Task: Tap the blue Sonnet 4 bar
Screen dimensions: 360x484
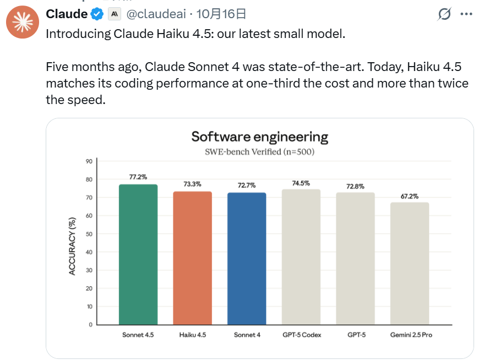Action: point(247,258)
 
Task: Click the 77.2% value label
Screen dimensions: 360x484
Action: point(138,177)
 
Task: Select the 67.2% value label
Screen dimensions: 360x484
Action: point(410,196)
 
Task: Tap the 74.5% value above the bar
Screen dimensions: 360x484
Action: point(301,183)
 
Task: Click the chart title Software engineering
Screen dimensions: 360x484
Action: point(259,137)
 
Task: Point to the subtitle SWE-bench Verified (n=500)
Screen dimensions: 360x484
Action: point(259,151)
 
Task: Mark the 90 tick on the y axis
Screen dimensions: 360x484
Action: point(89,161)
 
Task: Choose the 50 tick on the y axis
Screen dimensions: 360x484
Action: point(89,234)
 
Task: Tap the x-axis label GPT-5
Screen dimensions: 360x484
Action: point(355,335)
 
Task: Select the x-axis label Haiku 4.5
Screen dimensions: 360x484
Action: point(193,335)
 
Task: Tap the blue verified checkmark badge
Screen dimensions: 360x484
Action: point(97,14)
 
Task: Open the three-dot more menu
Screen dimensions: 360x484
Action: point(466,14)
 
